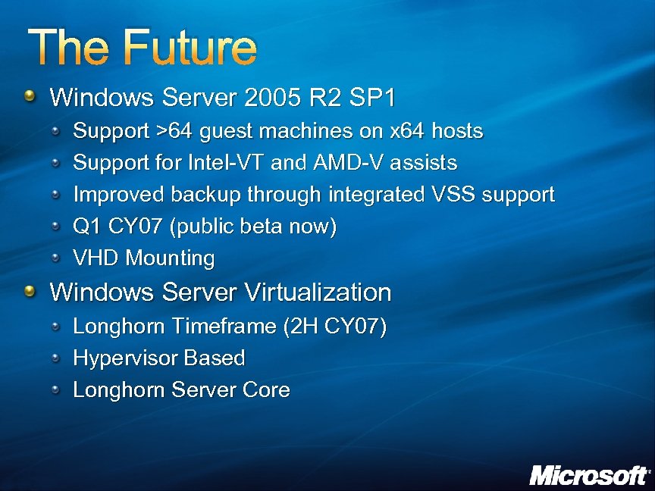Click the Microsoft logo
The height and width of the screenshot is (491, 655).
click(x=589, y=475)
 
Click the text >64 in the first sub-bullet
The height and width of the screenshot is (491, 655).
click(x=174, y=131)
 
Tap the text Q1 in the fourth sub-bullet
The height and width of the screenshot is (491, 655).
click(x=86, y=227)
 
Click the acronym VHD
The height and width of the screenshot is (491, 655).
click(x=96, y=258)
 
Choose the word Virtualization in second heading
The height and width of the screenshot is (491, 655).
click(x=316, y=292)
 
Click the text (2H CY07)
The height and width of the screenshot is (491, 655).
click(x=334, y=327)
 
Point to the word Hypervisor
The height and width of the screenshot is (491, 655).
click(x=125, y=358)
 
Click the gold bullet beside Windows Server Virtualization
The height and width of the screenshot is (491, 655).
click(x=29, y=291)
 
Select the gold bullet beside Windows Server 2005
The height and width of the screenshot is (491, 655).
click(x=29, y=96)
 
